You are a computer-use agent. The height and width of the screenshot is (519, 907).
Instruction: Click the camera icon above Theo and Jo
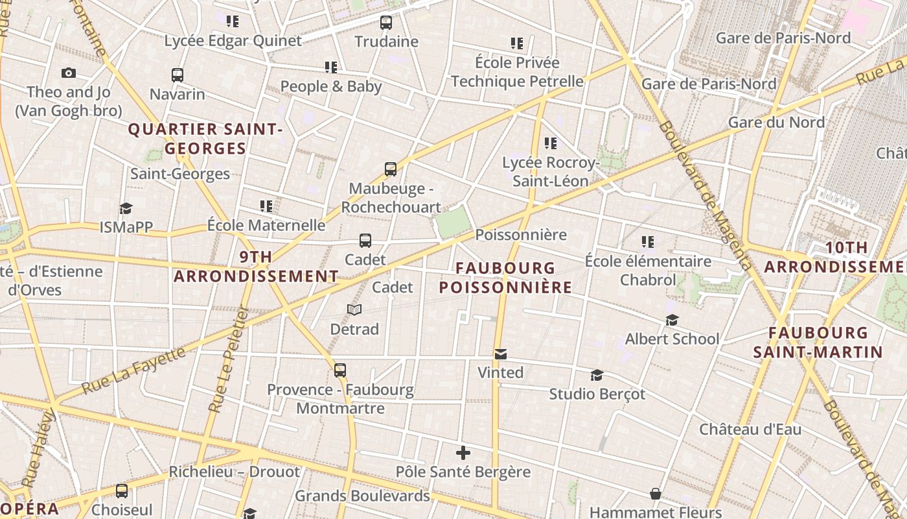click(69, 73)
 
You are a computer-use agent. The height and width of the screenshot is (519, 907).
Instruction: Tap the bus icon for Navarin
click(178, 75)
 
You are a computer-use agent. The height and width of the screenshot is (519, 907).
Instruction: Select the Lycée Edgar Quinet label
click(233, 41)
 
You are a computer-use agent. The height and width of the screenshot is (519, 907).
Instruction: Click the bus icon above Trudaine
click(386, 23)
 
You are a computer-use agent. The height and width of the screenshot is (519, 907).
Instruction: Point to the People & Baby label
click(331, 86)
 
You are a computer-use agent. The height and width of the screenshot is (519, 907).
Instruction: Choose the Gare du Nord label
click(776, 122)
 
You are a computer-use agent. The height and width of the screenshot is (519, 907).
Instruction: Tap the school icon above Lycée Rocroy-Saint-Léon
click(550, 143)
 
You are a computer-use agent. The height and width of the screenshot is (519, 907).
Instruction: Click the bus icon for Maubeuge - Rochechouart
click(390, 169)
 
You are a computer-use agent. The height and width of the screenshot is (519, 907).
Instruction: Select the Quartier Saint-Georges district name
click(205, 139)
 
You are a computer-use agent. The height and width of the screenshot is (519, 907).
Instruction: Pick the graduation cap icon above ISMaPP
click(126, 208)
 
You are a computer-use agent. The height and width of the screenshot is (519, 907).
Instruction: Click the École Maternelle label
click(266, 225)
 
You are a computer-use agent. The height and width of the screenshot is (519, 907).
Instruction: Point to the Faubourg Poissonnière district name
click(506, 277)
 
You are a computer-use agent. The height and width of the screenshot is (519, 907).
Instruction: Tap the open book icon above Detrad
click(354, 310)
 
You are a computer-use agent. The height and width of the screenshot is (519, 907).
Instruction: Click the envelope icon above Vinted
click(500, 354)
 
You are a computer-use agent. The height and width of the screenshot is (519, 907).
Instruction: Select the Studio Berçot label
click(597, 394)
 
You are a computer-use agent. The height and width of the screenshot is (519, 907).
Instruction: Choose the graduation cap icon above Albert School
click(672, 320)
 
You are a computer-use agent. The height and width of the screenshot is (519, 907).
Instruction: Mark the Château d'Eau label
click(750, 429)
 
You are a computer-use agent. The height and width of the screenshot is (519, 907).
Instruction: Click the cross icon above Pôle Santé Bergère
click(463, 453)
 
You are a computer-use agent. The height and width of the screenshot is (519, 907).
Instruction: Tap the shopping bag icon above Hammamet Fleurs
click(656, 494)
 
